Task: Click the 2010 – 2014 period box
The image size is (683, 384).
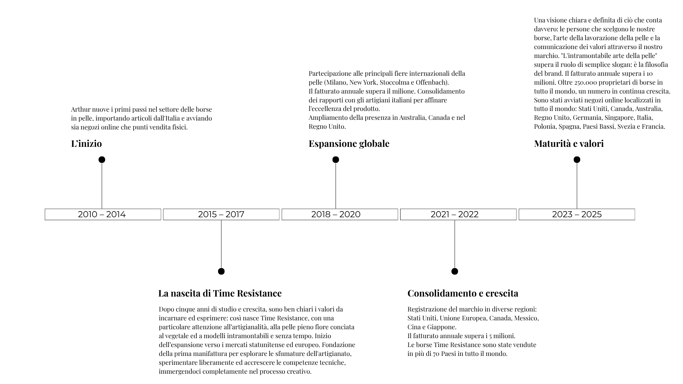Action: pyautogui.click(x=102, y=214)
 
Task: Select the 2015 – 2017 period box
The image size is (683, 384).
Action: pyautogui.click(x=221, y=214)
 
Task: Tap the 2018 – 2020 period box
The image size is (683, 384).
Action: pyautogui.click(x=339, y=214)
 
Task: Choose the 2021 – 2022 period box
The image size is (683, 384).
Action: pyautogui.click(x=458, y=214)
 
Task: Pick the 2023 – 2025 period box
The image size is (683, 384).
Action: pyautogui.click(x=577, y=214)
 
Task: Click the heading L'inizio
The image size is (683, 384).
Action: pyautogui.click(x=86, y=144)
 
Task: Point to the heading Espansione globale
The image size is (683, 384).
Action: pyautogui.click(x=349, y=144)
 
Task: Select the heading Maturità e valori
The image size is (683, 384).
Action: pyautogui.click(x=568, y=144)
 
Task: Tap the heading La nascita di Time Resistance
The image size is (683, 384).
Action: pyautogui.click(x=220, y=293)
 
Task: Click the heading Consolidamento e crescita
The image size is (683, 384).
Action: pyautogui.click(x=462, y=293)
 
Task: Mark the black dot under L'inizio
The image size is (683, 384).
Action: pyautogui.click(x=102, y=160)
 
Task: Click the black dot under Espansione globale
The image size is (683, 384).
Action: pyautogui.click(x=335, y=160)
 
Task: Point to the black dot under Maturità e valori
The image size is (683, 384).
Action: pyautogui.click(x=577, y=160)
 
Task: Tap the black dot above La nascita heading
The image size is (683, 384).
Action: pyautogui.click(x=221, y=271)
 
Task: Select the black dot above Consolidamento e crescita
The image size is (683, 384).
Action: pyautogui.click(x=454, y=271)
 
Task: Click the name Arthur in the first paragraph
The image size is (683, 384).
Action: pyautogui.click(x=80, y=110)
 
